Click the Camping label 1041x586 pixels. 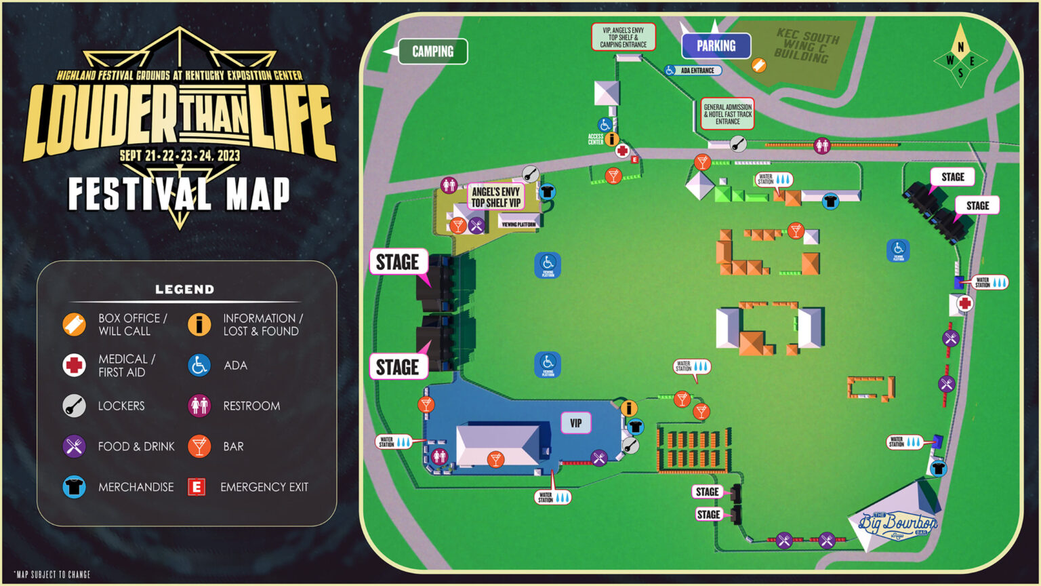click(x=432, y=52)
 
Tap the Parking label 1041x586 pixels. click(x=716, y=46)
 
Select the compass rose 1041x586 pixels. click(x=960, y=55)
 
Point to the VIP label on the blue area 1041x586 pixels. click(x=575, y=423)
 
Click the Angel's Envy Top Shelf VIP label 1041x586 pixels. click(x=496, y=197)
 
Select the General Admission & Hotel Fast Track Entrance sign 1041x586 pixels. click(x=727, y=114)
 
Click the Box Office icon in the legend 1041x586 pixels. click(x=74, y=325)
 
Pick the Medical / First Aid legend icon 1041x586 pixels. click(x=74, y=365)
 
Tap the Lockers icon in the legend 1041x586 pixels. click(x=74, y=406)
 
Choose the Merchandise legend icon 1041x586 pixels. click(x=74, y=487)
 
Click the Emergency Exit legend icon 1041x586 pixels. click(x=197, y=487)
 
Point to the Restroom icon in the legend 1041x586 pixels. click(x=199, y=406)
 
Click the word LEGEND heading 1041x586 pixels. click(x=184, y=290)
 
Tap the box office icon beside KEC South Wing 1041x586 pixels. click(x=759, y=65)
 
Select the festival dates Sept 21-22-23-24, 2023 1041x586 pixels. click(x=180, y=155)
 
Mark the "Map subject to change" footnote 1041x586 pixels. click(x=52, y=574)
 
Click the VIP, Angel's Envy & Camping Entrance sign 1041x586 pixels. click(x=623, y=37)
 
